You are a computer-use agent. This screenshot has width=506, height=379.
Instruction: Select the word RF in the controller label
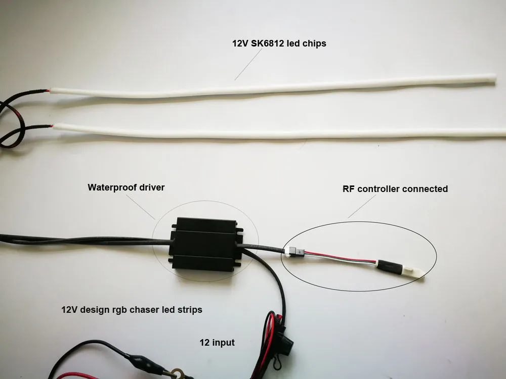point(349,189)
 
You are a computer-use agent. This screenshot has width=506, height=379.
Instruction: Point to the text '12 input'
point(217,343)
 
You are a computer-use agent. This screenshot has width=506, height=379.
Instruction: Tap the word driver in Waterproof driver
point(151,187)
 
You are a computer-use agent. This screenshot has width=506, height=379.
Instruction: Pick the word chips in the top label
point(314,43)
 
